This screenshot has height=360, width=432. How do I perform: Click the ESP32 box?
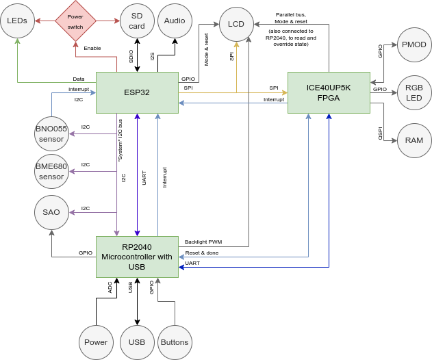pos(137,92)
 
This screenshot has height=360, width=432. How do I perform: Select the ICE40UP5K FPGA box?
pos(329,92)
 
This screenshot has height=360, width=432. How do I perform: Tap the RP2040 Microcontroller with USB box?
pos(137,257)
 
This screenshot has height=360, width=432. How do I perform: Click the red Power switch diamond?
pos(75,21)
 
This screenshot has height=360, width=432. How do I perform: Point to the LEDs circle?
pos(17,21)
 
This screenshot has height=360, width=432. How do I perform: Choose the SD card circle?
pos(137,21)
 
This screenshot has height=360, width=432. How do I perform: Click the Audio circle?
pos(175,21)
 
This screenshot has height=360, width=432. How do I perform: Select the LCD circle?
pos(236,24)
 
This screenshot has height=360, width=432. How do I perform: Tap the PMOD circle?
pos(414,44)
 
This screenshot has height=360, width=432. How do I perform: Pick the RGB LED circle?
pos(414,92)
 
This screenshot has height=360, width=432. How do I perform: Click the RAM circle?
pos(414,140)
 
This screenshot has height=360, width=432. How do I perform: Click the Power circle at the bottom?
pos(96,342)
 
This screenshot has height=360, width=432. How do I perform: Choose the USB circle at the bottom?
pos(137,342)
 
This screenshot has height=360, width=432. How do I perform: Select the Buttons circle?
pos(175,342)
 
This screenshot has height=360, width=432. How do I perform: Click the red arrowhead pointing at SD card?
pos(116,21)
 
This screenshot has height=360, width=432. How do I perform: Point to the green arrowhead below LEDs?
pos(17,42)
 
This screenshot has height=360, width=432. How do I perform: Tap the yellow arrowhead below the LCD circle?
pos(236,45)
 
